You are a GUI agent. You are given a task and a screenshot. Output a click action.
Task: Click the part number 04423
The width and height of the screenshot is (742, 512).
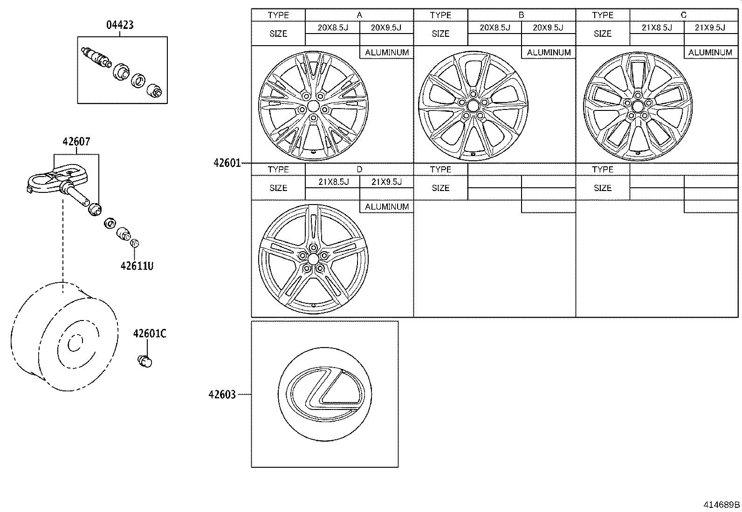(120, 25)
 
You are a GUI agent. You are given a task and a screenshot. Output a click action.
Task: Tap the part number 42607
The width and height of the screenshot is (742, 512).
(76, 141)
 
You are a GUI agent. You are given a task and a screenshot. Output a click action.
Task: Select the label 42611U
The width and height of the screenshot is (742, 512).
(137, 266)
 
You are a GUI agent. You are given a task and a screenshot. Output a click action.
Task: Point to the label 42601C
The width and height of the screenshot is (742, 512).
(149, 334)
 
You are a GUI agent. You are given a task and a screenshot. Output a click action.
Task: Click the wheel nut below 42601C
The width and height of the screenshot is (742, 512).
(145, 361)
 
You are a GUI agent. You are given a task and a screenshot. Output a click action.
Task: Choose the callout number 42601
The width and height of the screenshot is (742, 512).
(227, 163)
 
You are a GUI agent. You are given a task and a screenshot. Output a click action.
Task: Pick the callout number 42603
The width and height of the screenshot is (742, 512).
(222, 394)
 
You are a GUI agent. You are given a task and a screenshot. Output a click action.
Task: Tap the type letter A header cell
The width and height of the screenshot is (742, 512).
(359, 15)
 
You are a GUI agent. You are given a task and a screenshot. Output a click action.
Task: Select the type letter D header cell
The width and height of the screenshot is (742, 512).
(359, 169)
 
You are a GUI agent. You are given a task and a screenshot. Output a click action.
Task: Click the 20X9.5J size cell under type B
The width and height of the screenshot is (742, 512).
(548, 27)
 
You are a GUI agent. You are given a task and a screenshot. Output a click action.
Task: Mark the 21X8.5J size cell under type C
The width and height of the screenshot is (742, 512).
(657, 27)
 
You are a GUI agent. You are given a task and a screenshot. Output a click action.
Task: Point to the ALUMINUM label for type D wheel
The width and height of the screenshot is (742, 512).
(387, 206)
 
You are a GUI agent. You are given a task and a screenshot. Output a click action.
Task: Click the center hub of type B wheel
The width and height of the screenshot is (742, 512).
(473, 106)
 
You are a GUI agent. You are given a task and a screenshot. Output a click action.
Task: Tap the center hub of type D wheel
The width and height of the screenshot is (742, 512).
(313, 259)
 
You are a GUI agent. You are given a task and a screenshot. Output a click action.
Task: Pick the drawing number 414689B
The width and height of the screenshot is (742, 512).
(721, 505)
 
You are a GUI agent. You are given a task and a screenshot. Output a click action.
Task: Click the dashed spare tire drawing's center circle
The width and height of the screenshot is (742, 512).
(74, 344)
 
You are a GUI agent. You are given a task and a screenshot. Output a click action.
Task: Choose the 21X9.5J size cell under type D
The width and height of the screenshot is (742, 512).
(386, 182)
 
